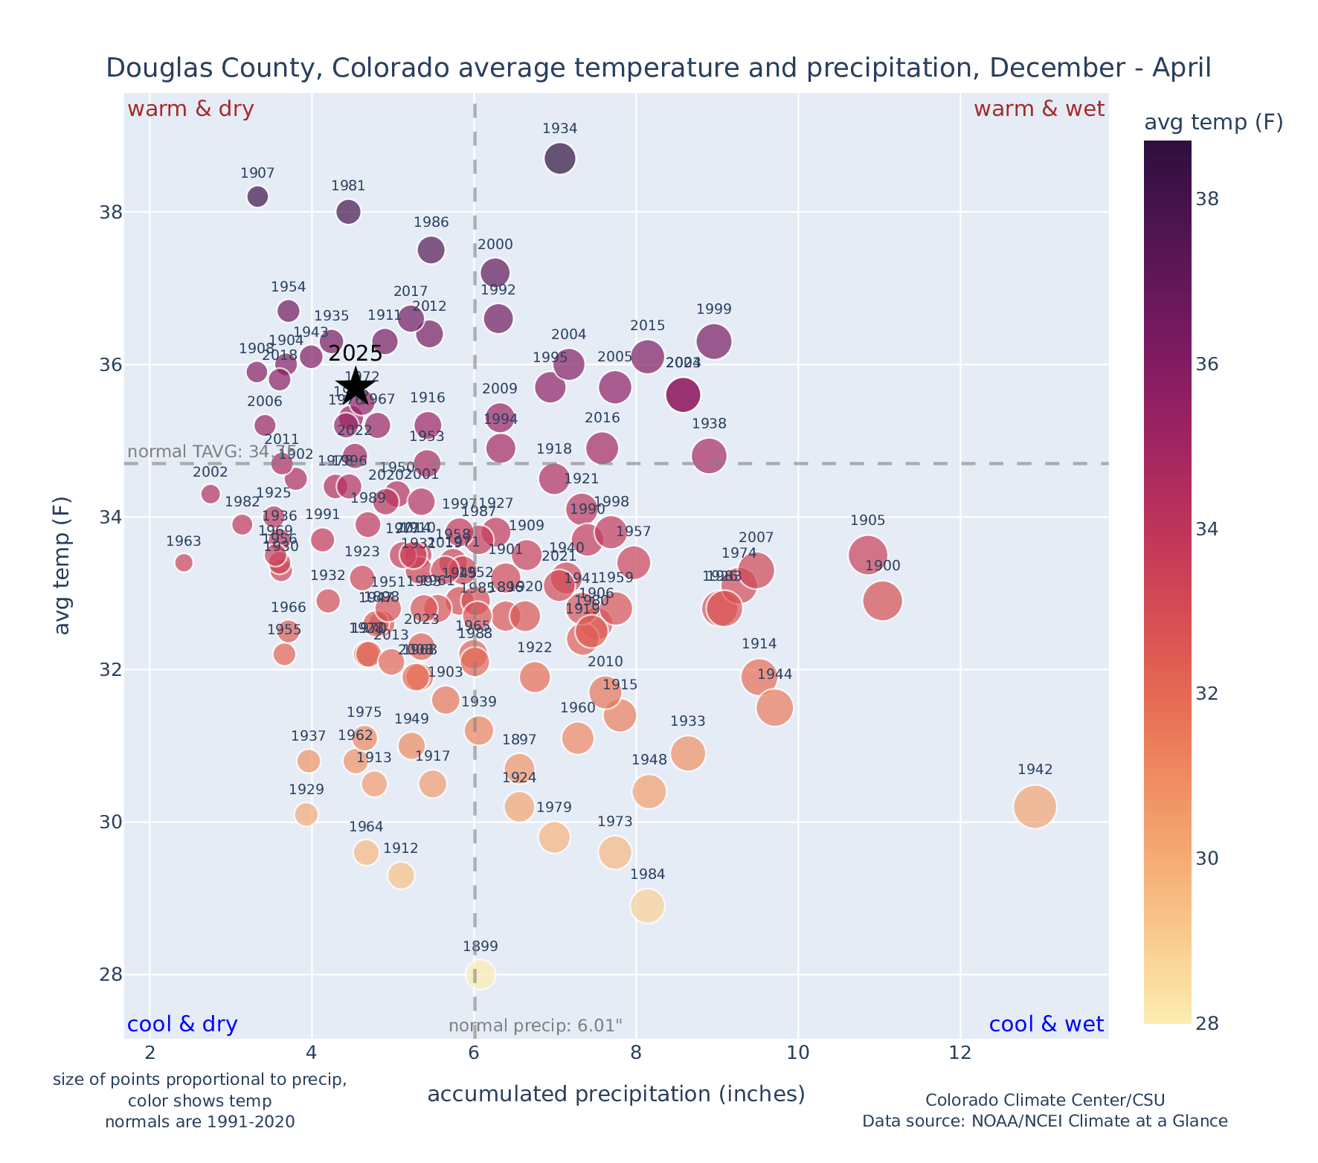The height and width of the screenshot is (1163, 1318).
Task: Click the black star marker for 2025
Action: pos(356,386)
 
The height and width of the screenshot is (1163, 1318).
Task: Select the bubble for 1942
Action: pos(1034,807)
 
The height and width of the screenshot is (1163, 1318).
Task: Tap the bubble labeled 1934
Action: pos(559,158)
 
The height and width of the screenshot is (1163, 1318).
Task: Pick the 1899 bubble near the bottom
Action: pos(480,975)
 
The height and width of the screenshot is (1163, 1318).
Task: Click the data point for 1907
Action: pos(257,196)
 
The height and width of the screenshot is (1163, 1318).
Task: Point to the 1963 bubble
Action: pos(184,563)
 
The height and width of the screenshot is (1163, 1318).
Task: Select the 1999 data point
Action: pos(714,341)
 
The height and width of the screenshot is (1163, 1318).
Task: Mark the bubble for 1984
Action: pos(647,906)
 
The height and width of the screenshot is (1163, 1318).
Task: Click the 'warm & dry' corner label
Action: pos(190,109)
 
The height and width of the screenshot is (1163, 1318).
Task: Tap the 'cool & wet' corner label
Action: pos(1046,1025)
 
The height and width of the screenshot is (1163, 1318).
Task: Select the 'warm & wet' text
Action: pos(1038,109)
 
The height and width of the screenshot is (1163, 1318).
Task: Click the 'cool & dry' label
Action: pos(182,1025)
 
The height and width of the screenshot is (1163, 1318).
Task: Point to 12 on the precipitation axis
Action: pos(960,1054)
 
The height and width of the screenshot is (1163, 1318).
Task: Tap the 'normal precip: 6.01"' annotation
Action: pos(535,1026)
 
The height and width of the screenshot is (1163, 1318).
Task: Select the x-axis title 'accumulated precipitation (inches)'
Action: pos(616,1095)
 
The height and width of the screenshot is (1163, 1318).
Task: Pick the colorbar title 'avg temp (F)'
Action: pos(1213,123)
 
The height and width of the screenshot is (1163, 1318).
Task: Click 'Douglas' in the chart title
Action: pos(150,68)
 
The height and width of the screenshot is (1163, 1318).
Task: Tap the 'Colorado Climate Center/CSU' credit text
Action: pos(1044,1101)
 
